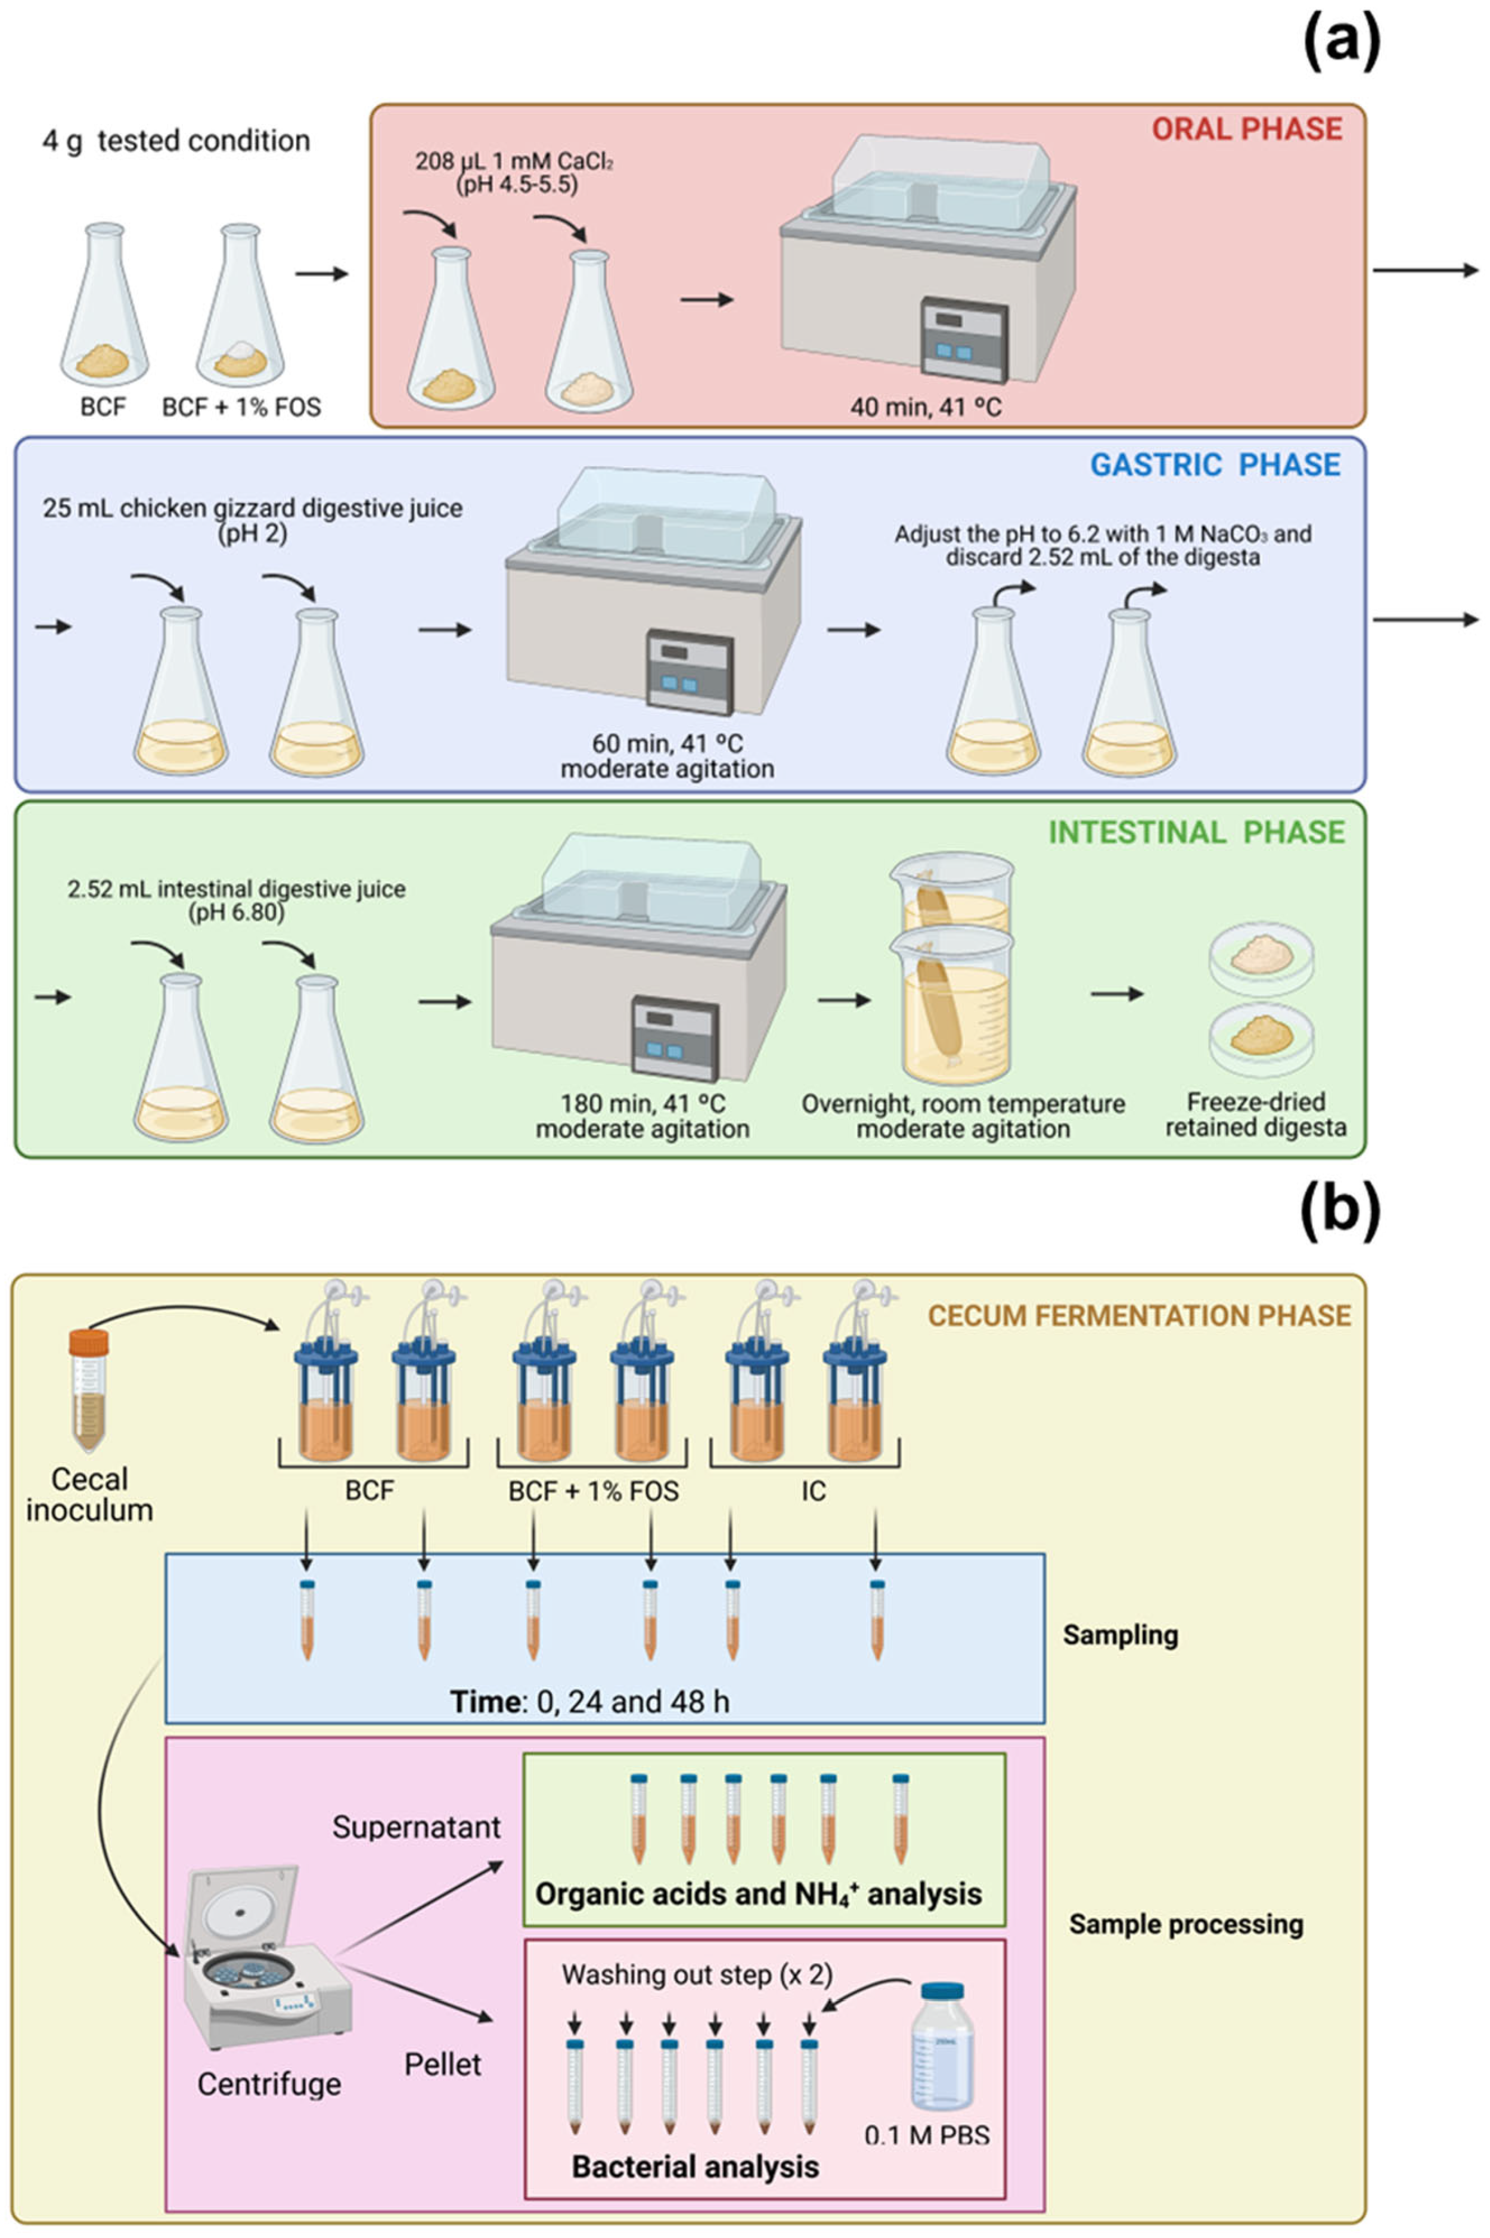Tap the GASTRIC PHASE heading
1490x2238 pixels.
(x=1215, y=465)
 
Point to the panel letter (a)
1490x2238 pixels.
(x=1341, y=43)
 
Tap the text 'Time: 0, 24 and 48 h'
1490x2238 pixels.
(x=589, y=1700)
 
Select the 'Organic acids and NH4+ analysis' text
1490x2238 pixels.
(x=758, y=1893)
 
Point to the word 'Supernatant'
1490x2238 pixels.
(x=416, y=1827)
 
